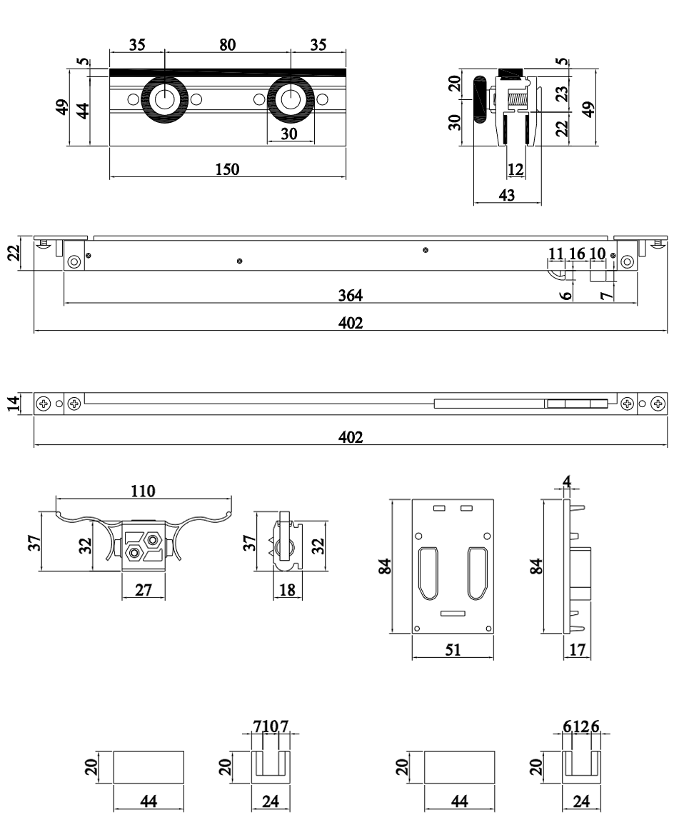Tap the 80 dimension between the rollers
pyautogui.click(x=227, y=45)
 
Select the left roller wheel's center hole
pyautogui.click(x=165, y=99)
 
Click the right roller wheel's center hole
pyautogui.click(x=291, y=99)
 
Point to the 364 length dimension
pyautogui.click(x=350, y=295)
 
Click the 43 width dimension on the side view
pyautogui.click(x=507, y=194)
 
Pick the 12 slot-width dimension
pyautogui.click(x=515, y=169)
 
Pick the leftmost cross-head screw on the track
pyautogui.click(x=44, y=404)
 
